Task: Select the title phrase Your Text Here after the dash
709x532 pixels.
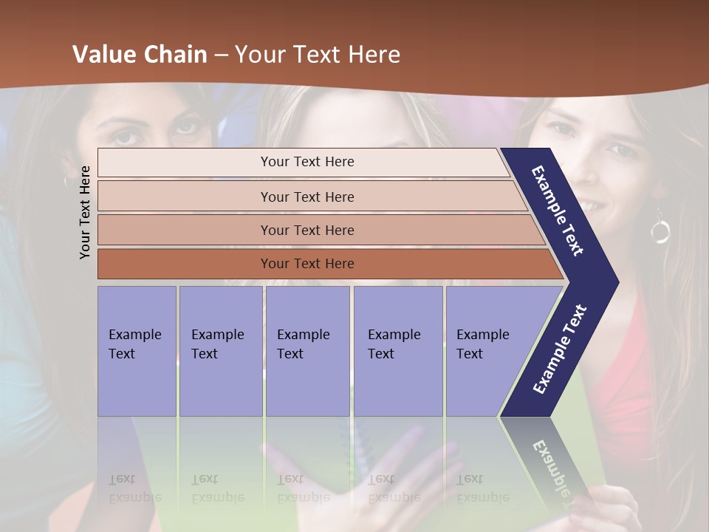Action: [x=318, y=55]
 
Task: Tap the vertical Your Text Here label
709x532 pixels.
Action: [x=85, y=212]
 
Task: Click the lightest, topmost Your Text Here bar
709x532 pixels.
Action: [x=306, y=162]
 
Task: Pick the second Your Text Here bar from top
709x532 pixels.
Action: [x=306, y=197]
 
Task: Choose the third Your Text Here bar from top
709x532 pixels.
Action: [x=306, y=230]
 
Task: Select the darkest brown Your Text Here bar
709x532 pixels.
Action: [x=306, y=264]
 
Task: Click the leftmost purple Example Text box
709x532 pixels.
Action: [x=137, y=351]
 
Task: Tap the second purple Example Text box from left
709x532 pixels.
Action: [x=220, y=351]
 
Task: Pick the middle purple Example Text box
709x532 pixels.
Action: [x=307, y=351]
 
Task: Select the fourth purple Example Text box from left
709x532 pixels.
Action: [x=397, y=351]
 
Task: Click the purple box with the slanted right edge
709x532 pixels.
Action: [x=487, y=351]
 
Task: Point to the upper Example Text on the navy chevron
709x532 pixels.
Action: [x=558, y=210]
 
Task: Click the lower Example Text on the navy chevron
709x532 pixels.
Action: [x=560, y=349]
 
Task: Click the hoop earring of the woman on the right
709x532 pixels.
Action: [x=660, y=230]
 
